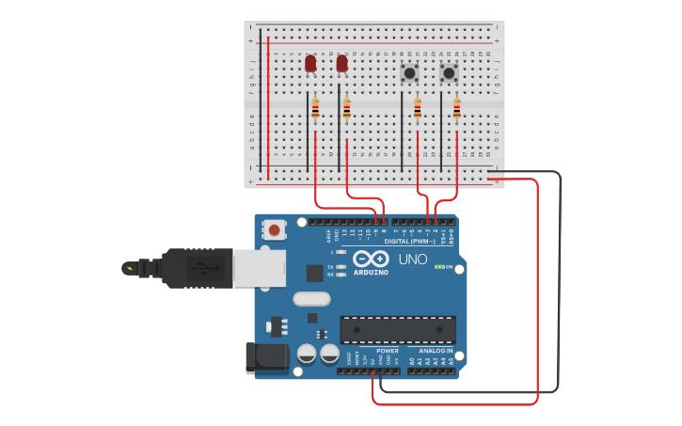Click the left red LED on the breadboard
tap(310, 63)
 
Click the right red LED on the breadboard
tap(341, 63)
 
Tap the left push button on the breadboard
tap(410, 72)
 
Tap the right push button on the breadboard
tap(449, 72)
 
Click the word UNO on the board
tap(413, 260)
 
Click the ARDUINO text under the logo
tap(371, 272)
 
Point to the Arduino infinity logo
tap(371, 259)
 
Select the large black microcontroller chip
tap(398, 329)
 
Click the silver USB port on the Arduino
tap(259, 267)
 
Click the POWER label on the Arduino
tap(388, 351)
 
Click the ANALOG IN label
tap(436, 351)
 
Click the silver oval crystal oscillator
tap(311, 299)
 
